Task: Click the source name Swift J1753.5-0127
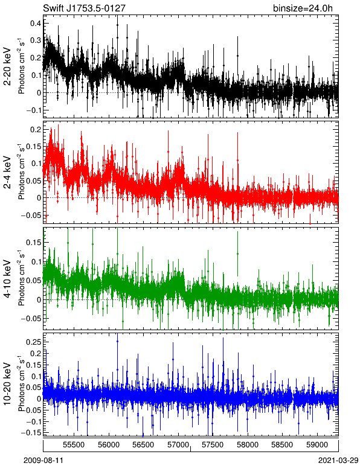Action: click(x=84, y=8)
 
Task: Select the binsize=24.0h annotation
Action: click(x=303, y=8)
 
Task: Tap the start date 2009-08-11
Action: click(x=43, y=461)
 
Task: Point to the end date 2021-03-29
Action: click(x=338, y=461)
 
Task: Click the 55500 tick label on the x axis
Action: click(x=74, y=445)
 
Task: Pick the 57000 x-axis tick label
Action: click(x=178, y=445)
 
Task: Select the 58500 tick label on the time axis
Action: click(x=282, y=445)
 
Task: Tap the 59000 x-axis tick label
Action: click(x=317, y=445)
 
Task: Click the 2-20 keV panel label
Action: click(x=7, y=66)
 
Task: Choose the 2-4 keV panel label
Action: click(x=7, y=173)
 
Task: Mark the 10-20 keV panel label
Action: click(x=7, y=384)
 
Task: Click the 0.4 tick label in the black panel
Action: click(x=36, y=23)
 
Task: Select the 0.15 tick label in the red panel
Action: click(x=33, y=147)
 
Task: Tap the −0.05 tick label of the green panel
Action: click(x=31, y=319)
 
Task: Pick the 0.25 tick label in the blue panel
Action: click(x=33, y=342)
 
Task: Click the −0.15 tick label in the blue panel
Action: click(x=31, y=433)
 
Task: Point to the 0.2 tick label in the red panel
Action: click(x=36, y=129)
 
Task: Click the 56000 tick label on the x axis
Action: click(x=109, y=445)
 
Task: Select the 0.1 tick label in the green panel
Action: click(x=36, y=261)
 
